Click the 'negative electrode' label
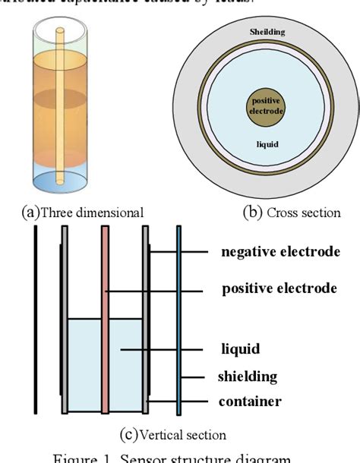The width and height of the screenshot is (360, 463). [280, 251]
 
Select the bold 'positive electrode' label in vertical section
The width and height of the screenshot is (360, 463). [279, 288]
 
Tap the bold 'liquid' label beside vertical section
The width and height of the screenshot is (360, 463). [241, 349]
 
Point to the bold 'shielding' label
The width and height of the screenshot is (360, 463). [248, 376]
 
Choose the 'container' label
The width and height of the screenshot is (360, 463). [251, 402]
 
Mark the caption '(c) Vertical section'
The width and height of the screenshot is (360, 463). [173, 435]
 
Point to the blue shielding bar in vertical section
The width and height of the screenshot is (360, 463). [178, 319]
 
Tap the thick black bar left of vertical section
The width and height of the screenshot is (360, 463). [35, 319]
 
